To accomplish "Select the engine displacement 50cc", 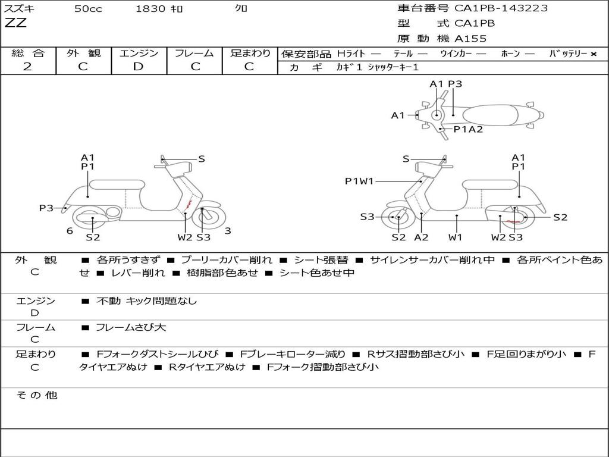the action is pyautogui.click(x=87, y=9).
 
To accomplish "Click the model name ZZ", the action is pyautogui.click(x=15, y=24).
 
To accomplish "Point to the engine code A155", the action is pyautogui.click(x=470, y=39).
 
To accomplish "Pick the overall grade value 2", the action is pyautogui.click(x=27, y=67).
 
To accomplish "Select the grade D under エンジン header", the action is pyautogui.click(x=138, y=67).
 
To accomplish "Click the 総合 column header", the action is pyautogui.click(x=28, y=53).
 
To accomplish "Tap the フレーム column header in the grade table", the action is pyautogui.click(x=194, y=53).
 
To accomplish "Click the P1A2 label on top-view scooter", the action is pyautogui.click(x=468, y=129).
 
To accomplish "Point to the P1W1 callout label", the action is pyautogui.click(x=359, y=181).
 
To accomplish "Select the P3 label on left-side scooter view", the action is pyautogui.click(x=46, y=208).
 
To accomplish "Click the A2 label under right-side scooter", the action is pyautogui.click(x=421, y=237).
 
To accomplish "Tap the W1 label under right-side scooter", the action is pyautogui.click(x=456, y=237).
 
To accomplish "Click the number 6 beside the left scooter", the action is pyautogui.click(x=70, y=231).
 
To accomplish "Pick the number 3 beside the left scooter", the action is pyautogui.click(x=228, y=231).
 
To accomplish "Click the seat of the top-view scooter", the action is pyautogui.click(x=491, y=114).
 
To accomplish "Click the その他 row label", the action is pyautogui.click(x=36, y=395).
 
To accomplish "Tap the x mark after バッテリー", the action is pyautogui.click(x=593, y=54).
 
